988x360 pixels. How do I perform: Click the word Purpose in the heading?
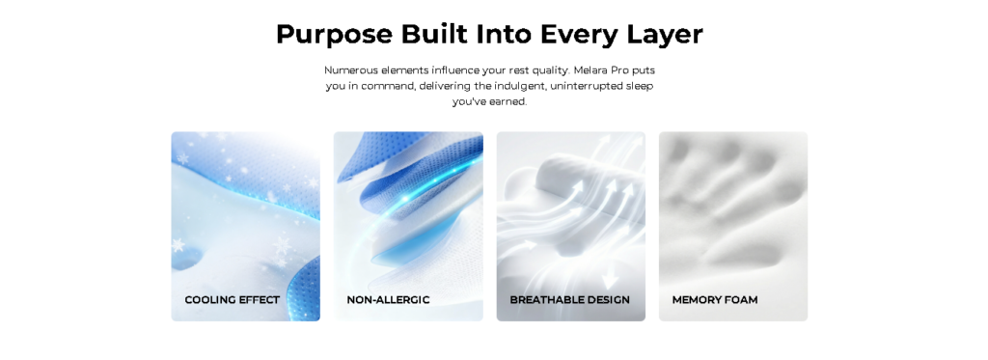334,35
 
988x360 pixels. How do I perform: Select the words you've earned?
489,101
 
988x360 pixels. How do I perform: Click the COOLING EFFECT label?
232,300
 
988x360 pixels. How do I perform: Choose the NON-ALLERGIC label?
388,300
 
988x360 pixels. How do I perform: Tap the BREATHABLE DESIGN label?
569,300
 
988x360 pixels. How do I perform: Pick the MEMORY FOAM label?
715,300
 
